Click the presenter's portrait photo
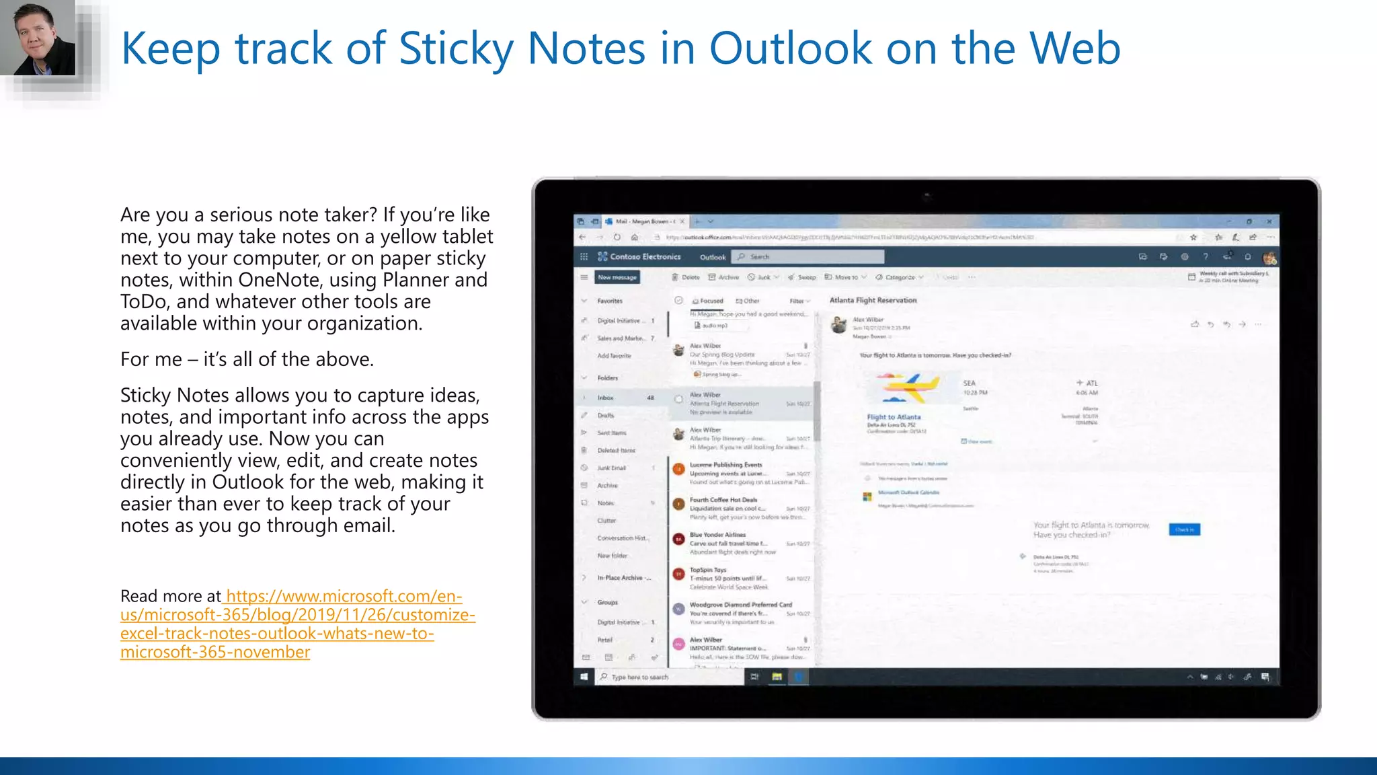click(38, 38)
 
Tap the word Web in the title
click(1074, 48)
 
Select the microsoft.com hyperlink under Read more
click(298, 624)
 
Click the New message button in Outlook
click(617, 277)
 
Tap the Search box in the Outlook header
click(810, 257)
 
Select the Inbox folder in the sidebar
click(606, 398)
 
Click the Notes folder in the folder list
click(606, 503)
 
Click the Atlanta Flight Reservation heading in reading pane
click(873, 300)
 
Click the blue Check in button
click(1184, 529)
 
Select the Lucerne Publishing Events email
click(726, 474)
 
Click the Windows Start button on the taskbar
click(584, 677)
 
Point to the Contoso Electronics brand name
click(645, 257)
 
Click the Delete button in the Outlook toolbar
click(686, 277)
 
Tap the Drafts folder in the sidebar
click(606, 416)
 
